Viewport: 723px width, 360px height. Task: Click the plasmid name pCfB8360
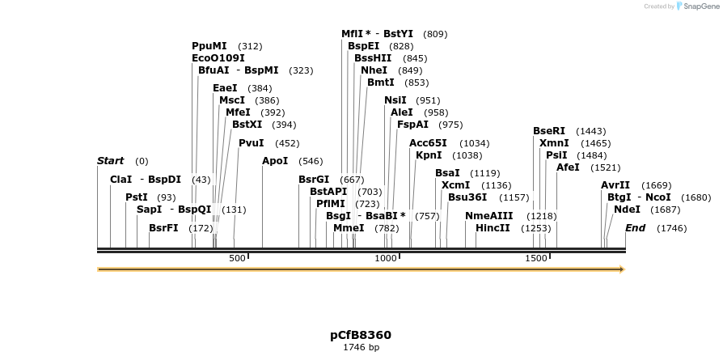(x=361, y=334)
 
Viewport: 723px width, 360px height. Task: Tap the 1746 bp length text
(x=361, y=347)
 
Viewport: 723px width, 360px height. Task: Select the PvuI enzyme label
(x=251, y=143)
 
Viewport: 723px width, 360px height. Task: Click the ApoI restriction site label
(x=275, y=161)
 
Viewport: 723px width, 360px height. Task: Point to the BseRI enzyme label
(x=549, y=131)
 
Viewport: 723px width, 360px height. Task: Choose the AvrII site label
(x=615, y=185)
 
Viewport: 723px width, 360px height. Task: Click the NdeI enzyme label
(x=627, y=209)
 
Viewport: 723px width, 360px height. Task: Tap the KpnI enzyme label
(x=429, y=155)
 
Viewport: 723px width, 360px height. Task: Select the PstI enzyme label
(x=137, y=197)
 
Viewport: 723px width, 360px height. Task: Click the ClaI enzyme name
(x=120, y=180)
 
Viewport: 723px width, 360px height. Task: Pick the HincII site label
(x=493, y=228)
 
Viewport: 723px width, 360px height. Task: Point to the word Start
(x=110, y=161)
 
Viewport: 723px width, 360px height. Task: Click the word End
(x=635, y=228)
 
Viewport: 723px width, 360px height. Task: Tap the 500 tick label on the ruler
(x=237, y=258)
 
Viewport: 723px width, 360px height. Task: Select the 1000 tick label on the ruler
(x=386, y=258)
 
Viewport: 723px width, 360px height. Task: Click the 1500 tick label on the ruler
(x=536, y=258)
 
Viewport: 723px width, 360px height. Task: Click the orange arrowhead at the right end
(x=621, y=269)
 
